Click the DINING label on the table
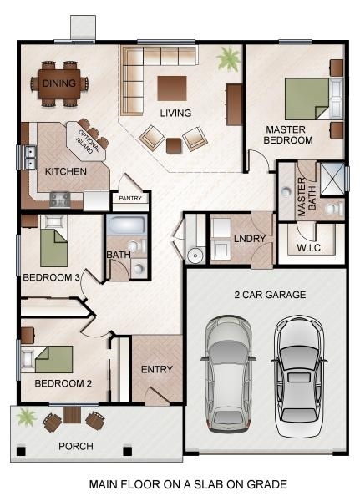click(x=59, y=83)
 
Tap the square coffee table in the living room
click(x=172, y=89)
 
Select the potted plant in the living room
click(x=229, y=58)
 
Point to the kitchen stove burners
click(x=60, y=200)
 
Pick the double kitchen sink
click(x=31, y=157)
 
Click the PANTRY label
click(x=130, y=199)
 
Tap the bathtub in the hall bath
click(x=126, y=225)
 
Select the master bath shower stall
click(x=332, y=179)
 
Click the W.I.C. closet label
click(x=310, y=248)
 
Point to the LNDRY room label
click(x=250, y=239)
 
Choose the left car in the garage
click(x=229, y=374)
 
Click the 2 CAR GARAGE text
click(x=270, y=295)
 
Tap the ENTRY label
click(x=157, y=369)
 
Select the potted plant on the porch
click(x=26, y=417)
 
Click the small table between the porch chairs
click(x=73, y=415)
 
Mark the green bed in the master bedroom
click(x=307, y=99)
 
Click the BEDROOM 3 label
click(x=51, y=277)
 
